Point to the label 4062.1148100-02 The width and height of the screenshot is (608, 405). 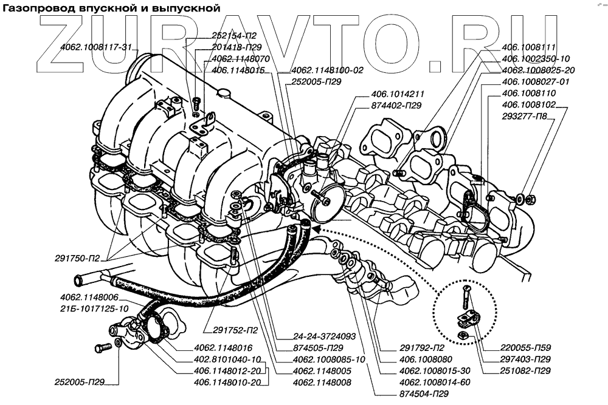pos(327,70)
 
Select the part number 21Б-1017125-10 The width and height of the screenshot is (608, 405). pos(94,308)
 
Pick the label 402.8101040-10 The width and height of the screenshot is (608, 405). pos(227,359)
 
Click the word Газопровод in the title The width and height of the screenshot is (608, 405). pos(38,7)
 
